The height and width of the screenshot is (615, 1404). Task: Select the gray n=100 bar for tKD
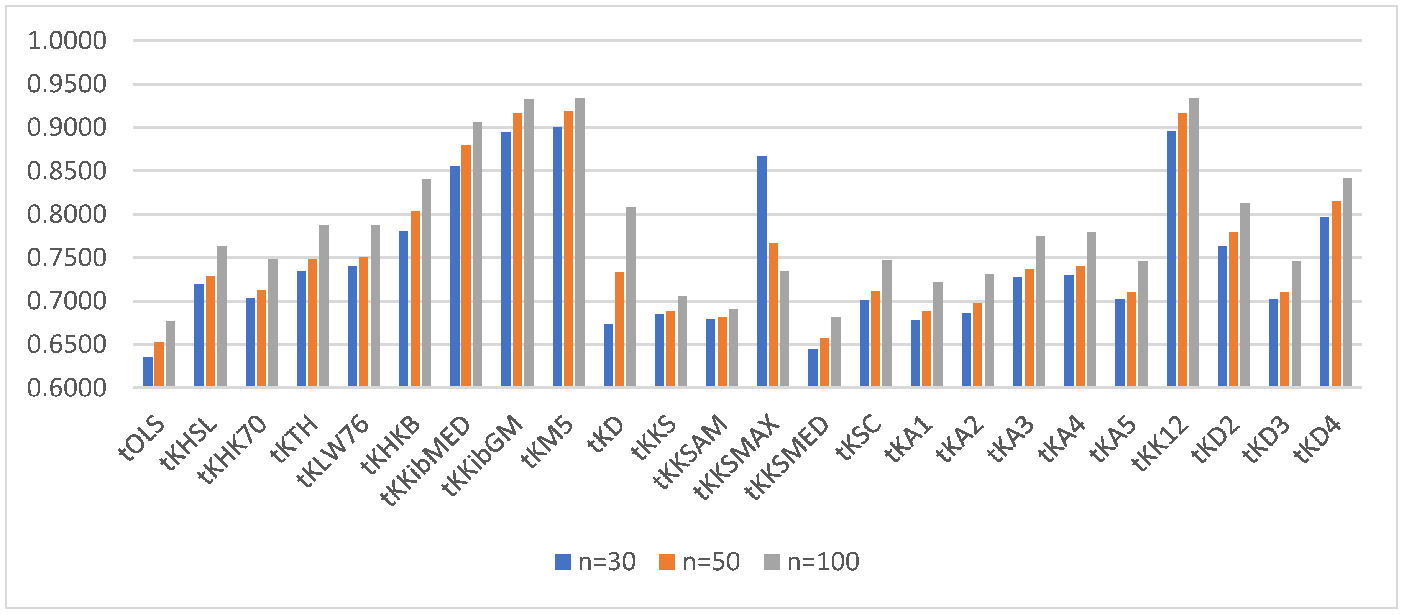[x=631, y=297]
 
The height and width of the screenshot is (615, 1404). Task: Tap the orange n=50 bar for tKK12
[x=1182, y=250]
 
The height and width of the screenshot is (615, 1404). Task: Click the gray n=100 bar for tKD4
[x=1347, y=283]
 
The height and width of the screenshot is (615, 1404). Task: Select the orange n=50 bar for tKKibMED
[x=466, y=266]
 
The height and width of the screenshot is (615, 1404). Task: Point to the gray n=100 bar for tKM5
[x=580, y=243]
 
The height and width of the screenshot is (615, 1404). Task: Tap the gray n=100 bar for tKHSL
[x=221, y=316]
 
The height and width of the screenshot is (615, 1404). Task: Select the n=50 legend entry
[x=699, y=562]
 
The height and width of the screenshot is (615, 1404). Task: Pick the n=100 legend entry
[x=811, y=562]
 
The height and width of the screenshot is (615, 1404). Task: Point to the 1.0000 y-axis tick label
[x=66, y=41]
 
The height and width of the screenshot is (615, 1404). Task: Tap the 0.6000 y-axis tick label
[x=66, y=388]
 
